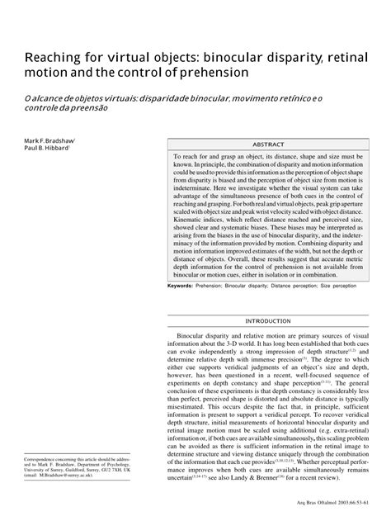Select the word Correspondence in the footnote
click(45, 457)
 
